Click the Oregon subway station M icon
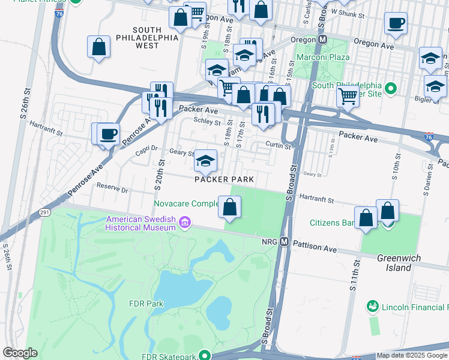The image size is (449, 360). (x=322, y=39)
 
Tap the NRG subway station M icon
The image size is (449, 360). (x=285, y=242)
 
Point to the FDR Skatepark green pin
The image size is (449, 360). (x=205, y=355)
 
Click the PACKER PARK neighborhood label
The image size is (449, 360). (x=224, y=179)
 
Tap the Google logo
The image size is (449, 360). (x=20, y=353)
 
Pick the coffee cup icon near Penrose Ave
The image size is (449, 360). (x=108, y=133)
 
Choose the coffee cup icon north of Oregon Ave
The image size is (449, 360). (x=396, y=23)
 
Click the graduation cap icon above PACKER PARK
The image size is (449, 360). (x=205, y=160)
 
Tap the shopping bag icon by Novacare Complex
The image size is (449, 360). (x=229, y=208)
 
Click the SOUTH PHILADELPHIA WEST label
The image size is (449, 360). (x=147, y=37)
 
